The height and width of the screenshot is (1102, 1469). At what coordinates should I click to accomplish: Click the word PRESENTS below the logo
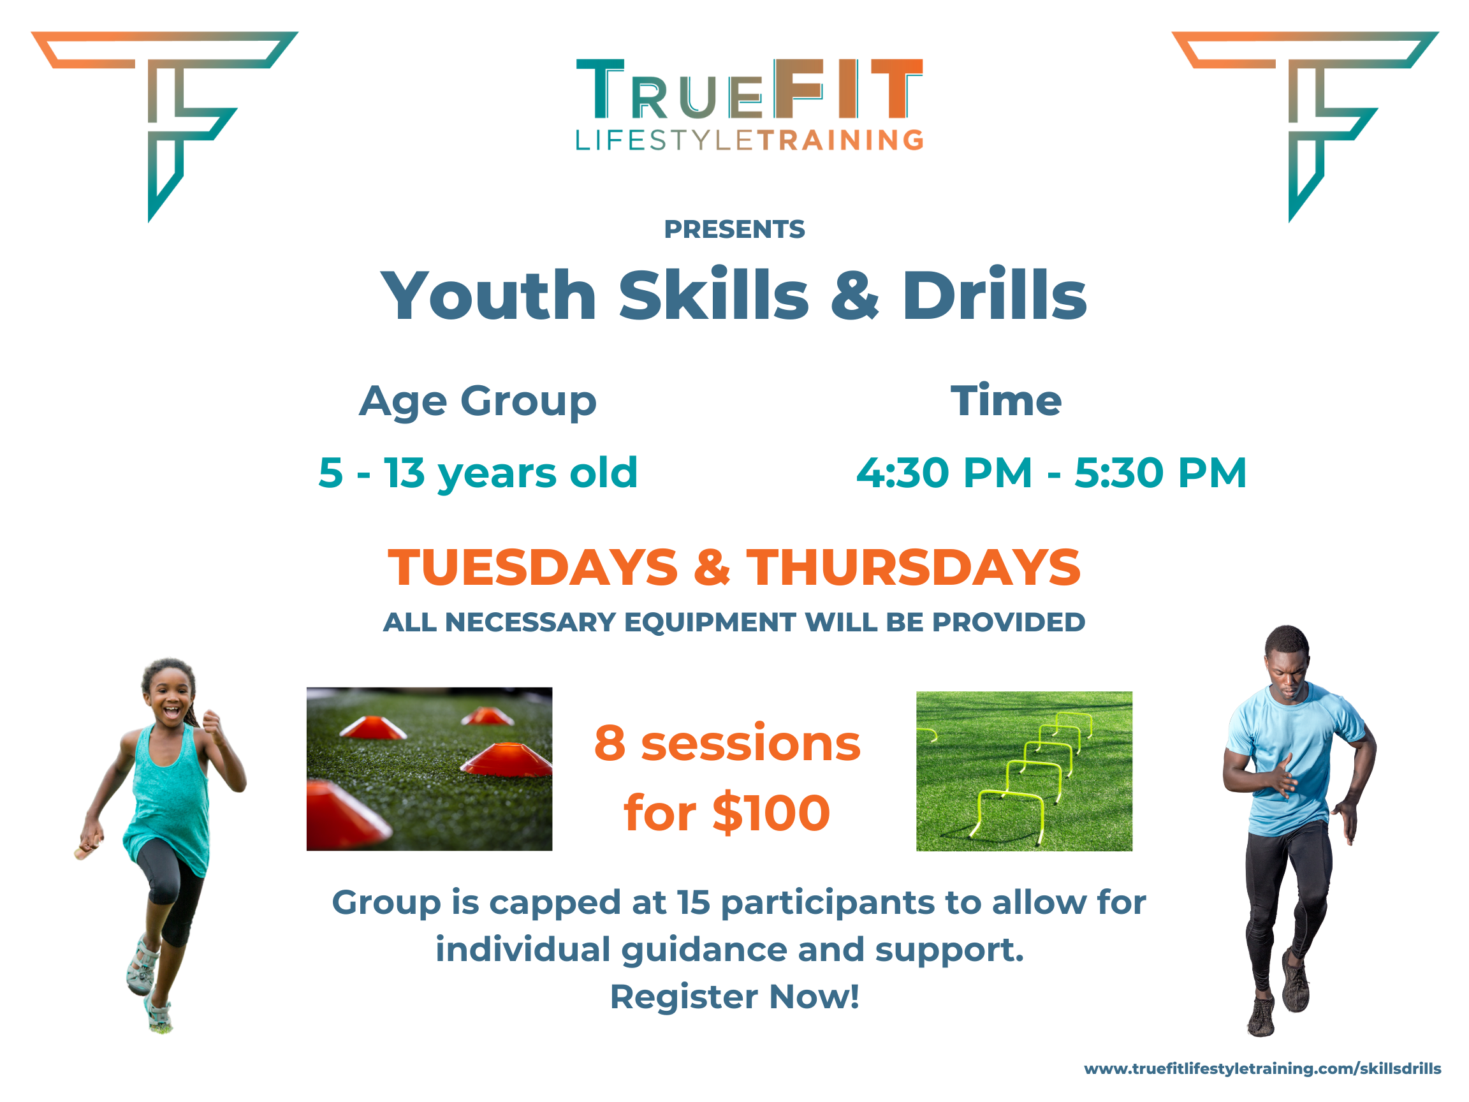tap(734, 229)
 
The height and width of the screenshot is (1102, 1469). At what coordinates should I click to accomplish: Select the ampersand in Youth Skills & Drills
tap(855, 296)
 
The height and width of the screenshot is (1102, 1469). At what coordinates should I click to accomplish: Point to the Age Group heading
tap(478, 402)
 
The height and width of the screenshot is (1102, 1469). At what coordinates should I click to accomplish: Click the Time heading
tap(1005, 400)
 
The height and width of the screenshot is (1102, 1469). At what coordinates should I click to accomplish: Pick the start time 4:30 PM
tap(944, 473)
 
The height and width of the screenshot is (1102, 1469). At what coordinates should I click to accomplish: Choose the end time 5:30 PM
tap(1160, 473)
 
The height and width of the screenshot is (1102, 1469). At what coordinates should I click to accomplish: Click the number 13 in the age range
tap(404, 473)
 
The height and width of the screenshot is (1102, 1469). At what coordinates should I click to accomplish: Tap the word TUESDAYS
tap(532, 568)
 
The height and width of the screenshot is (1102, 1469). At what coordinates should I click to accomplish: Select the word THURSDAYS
tap(913, 568)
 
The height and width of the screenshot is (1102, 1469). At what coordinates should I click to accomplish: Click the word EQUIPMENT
tap(709, 622)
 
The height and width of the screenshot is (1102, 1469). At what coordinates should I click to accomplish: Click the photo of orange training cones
tap(429, 768)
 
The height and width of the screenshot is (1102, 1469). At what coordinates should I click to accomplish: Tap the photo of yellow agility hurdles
tap(1024, 771)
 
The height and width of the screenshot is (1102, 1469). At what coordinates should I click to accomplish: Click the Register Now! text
tap(734, 996)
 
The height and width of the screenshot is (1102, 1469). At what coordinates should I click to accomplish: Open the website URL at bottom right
tap(1262, 1069)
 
